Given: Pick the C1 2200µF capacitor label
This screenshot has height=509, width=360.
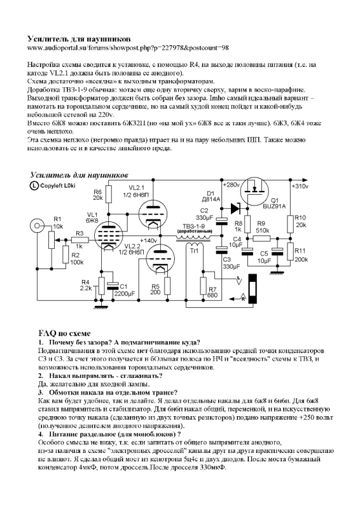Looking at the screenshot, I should (127, 290).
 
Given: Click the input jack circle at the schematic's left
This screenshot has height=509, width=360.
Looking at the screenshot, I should (33, 227).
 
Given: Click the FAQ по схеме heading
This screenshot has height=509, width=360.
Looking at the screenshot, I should (64, 333).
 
